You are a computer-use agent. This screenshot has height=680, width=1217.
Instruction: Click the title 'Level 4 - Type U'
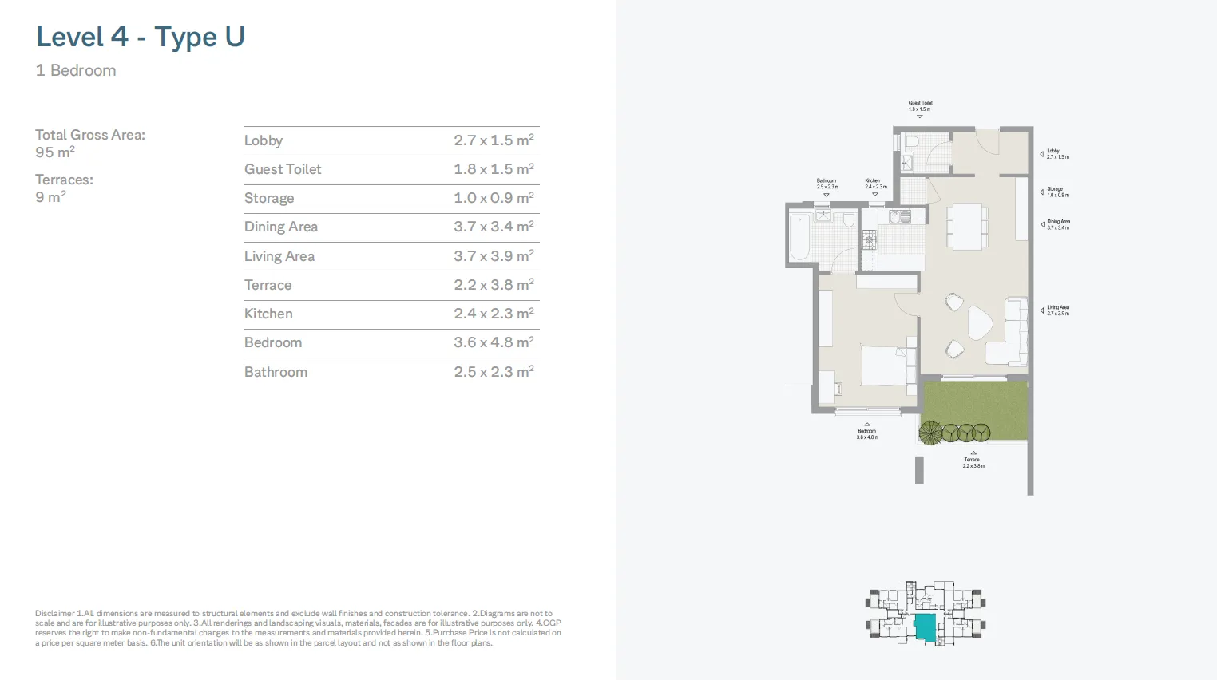click(x=141, y=37)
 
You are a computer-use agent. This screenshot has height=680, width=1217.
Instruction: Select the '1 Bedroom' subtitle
click(x=76, y=70)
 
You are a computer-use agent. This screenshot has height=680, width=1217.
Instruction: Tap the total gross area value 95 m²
click(x=55, y=152)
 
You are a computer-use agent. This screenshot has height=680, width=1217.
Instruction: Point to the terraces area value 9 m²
click(x=50, y=197)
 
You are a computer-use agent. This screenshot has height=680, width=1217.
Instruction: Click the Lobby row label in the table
click(x=264, y=140)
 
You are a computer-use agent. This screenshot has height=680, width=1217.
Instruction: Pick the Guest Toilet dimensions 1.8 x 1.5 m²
click(x=494, y=169)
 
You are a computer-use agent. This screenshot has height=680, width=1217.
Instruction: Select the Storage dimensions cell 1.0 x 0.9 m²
click(x=494, y=198)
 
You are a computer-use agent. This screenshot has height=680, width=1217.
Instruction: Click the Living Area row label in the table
click(x=279, y=256)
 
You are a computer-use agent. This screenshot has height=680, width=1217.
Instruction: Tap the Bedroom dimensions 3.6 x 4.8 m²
click(x=494, y=342)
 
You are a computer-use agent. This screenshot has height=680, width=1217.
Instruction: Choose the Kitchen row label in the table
click(x=268, y=314)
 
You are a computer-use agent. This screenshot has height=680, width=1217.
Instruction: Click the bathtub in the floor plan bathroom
click(x=799, y=236)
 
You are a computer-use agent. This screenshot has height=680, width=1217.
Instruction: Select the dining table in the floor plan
click(x=967, y=226)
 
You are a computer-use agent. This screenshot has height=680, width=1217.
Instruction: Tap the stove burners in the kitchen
click(x=869, y=239)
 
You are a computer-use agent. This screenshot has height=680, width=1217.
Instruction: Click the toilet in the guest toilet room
click(x=912, y=143)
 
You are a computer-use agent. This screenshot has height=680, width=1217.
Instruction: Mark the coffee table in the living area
click(x=980, y=323)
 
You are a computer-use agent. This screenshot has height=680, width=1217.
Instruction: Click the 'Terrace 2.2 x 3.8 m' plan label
click(x=973, y=462)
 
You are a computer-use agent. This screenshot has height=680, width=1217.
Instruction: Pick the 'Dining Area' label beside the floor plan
click(x=1058, y=224)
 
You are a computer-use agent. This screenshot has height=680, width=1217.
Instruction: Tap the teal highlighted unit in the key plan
click(x=925, y=627)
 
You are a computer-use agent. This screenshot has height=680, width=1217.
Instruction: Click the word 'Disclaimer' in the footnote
click(x=54, y=614)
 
